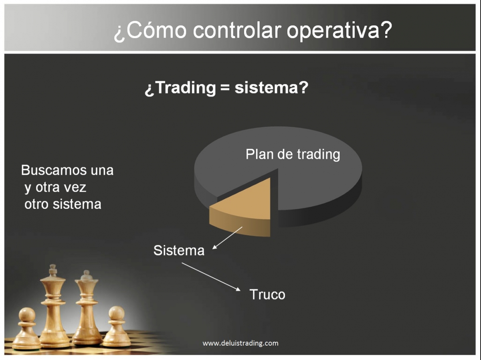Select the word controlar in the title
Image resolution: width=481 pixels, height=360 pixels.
[237, 30]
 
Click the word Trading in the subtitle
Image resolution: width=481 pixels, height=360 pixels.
[186, 88]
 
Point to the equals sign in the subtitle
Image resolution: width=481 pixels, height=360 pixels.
[225, 88]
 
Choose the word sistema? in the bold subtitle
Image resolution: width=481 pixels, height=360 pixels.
[271, 88]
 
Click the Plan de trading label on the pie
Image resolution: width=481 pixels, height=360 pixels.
[293, 154]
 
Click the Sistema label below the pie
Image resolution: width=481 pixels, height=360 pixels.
[179, 250]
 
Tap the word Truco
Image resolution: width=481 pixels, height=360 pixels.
[267, 294]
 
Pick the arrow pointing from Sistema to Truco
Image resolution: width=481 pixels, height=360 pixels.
[211, 277]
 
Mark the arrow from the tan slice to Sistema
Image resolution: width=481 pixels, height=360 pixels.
[227, 238]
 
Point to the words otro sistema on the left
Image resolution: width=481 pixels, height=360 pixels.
[63, 204]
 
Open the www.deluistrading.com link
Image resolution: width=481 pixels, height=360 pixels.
[240, 343]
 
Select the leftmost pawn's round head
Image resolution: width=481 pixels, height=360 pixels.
[27, 315]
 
